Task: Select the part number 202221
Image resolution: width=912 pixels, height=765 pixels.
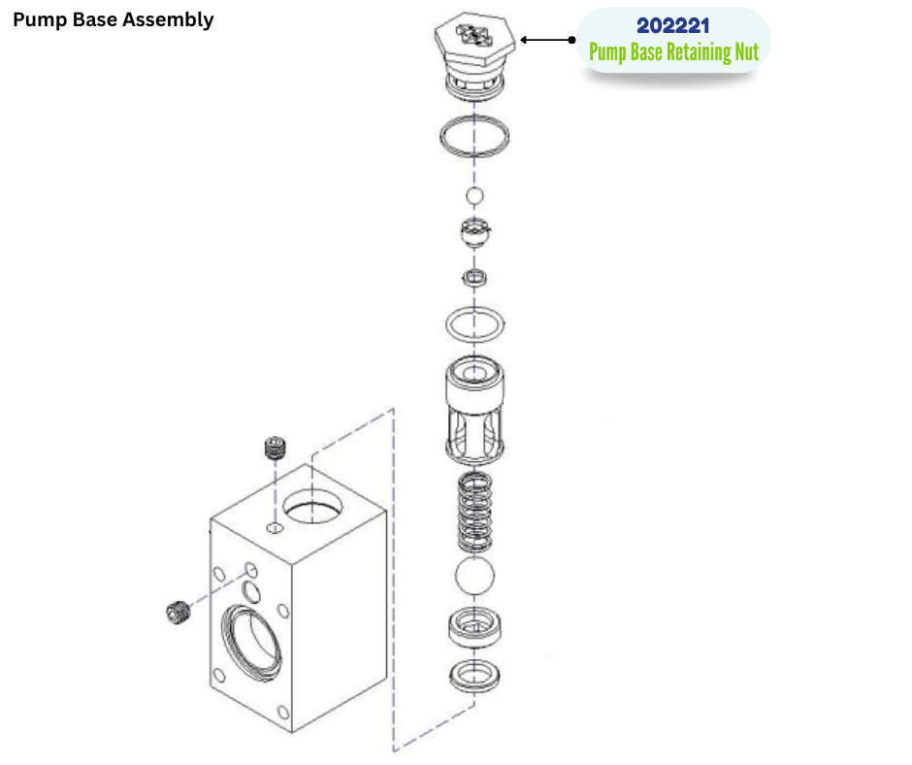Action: click(673, 26)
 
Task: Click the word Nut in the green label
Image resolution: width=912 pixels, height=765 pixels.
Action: click(744, 52)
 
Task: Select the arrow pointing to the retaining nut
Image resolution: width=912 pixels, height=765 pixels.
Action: click(548, 40)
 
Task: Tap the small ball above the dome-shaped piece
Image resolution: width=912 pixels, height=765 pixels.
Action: click(473, 197)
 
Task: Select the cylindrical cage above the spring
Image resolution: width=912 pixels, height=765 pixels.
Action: click(474, 408)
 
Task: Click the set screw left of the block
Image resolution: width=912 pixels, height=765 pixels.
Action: click(178, 612)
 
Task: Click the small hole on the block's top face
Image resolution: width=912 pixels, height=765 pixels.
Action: click(275, 529)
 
